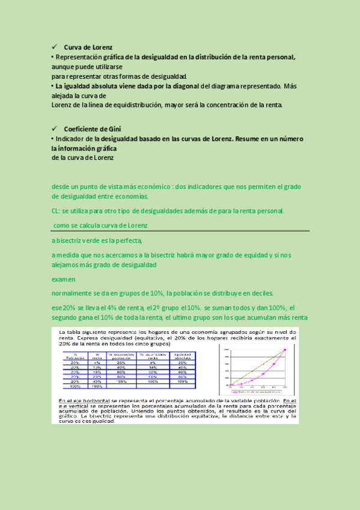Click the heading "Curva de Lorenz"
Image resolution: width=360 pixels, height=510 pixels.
(88, 47)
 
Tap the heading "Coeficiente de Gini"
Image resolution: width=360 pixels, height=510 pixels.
(93, 129)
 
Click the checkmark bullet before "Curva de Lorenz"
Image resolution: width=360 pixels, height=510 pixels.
(54, 47)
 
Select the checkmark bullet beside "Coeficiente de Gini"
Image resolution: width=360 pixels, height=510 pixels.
(54, 129)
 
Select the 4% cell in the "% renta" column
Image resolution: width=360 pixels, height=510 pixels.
(97, 363)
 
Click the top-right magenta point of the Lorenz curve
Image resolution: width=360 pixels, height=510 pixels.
(285, 349)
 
